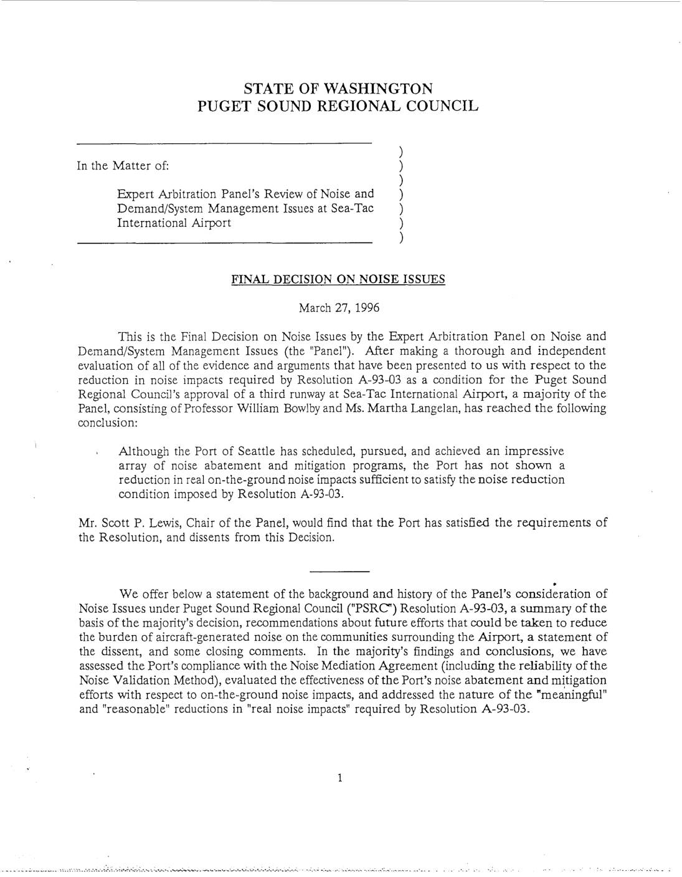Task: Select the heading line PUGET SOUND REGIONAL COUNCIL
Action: (338, 105)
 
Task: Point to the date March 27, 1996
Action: (339, 308)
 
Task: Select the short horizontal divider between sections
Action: (339, 572)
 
